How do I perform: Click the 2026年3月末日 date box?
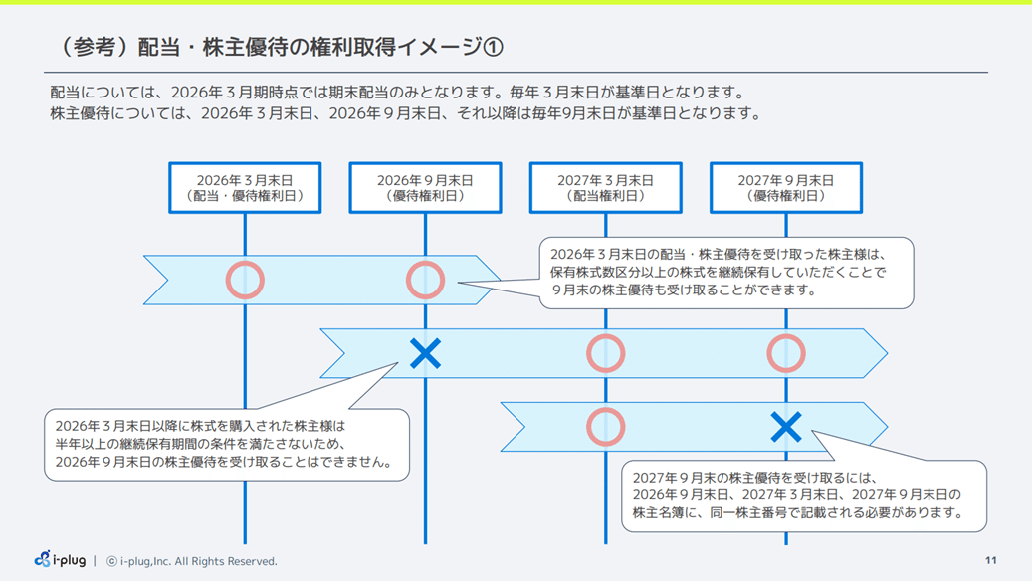245,188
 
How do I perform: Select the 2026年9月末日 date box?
425,188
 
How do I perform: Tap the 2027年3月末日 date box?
605,188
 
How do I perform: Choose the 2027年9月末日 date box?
785,188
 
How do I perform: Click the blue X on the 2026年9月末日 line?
425,353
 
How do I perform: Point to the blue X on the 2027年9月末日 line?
786,427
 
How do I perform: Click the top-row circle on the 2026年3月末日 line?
245,281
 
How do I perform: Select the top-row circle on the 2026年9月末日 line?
425,281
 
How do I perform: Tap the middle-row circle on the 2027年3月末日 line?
605,353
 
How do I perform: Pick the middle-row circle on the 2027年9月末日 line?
786,353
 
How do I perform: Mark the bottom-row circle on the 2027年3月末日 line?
605,427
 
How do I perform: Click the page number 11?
990,561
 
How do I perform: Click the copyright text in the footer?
191,561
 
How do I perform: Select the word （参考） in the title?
90,47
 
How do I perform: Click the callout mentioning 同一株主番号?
804,495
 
